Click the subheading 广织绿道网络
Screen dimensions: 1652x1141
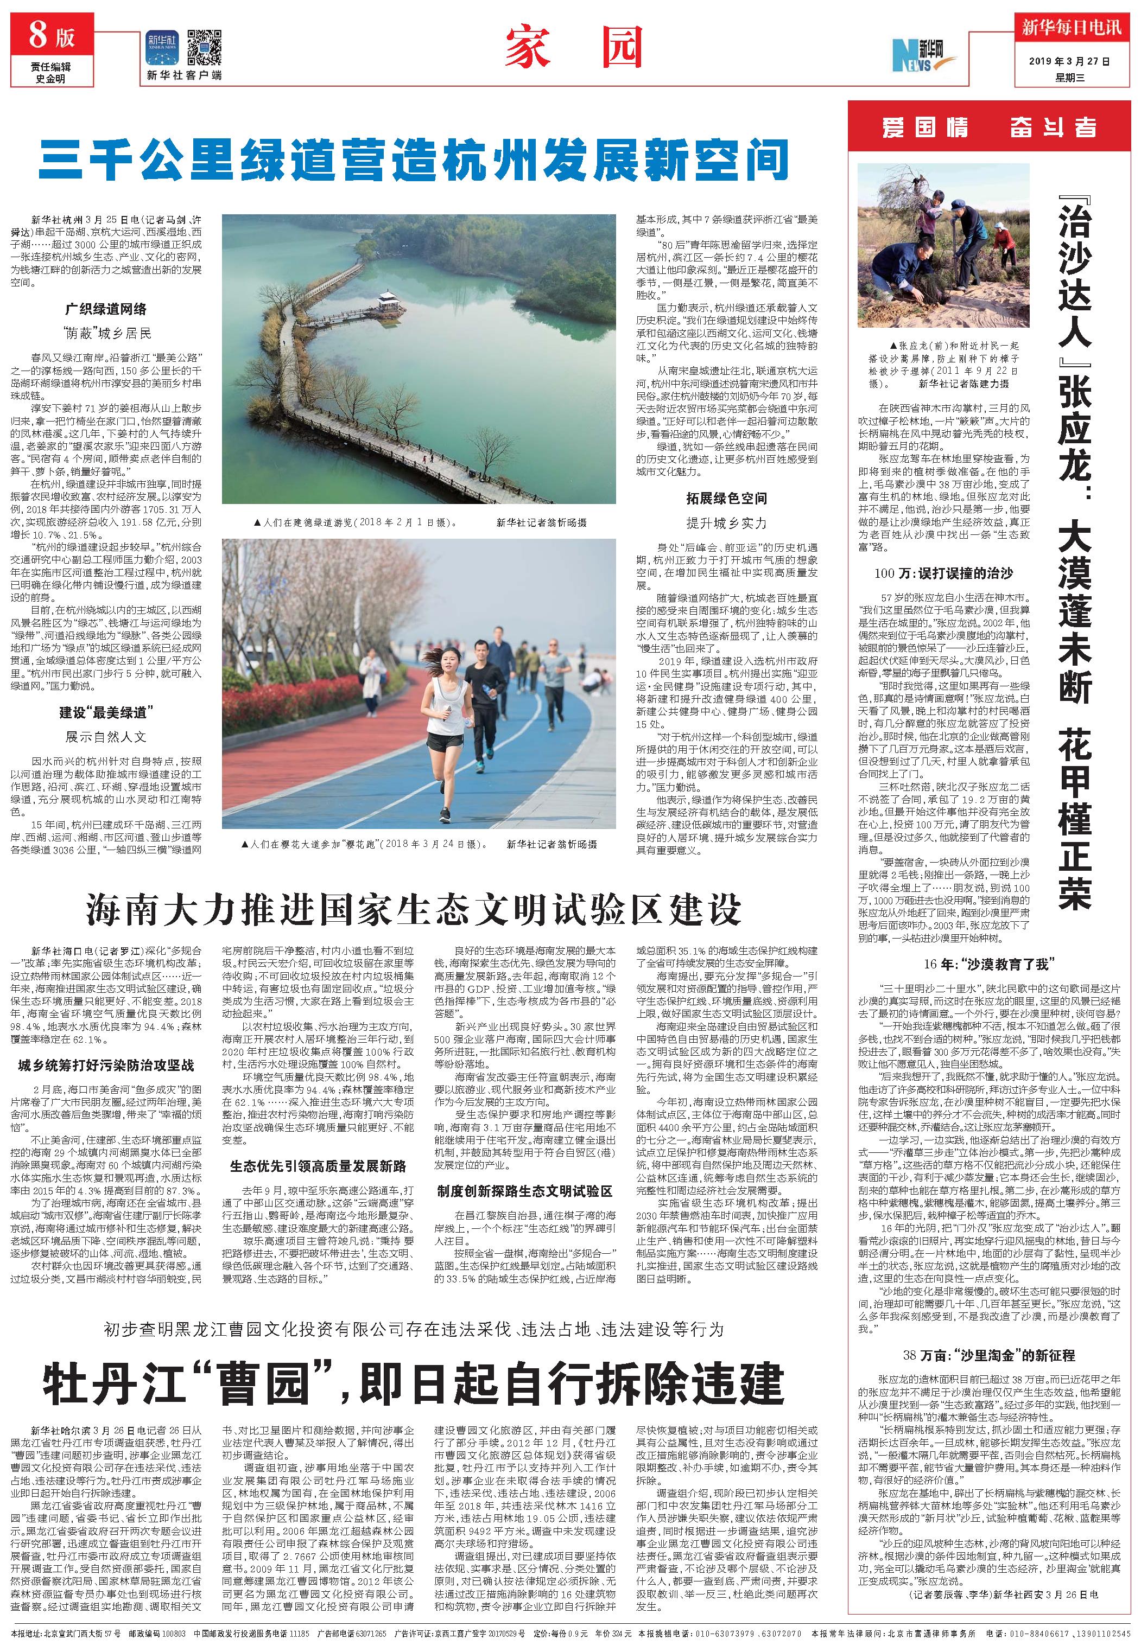pyautogui.click(x=105, y=309)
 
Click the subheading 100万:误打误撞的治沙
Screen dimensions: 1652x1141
pyautogui.click(x=943, y=573)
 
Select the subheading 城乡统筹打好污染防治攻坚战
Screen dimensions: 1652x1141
pyautogui.click(x=106, y=1066)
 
